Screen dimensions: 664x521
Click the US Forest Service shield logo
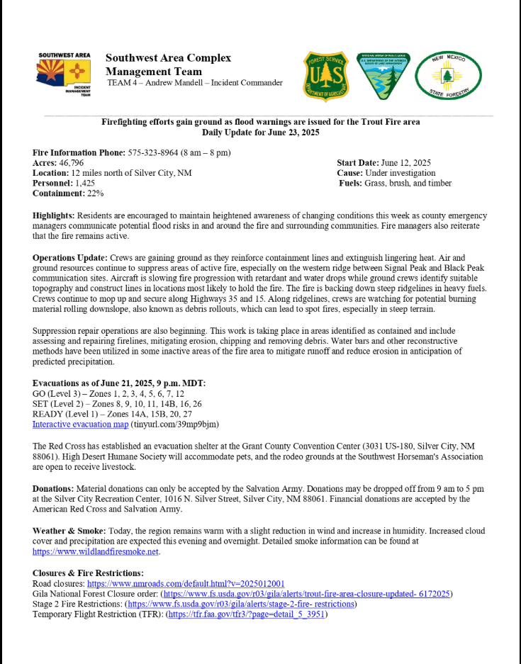point(325,75)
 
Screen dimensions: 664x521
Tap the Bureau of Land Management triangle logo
point(382,75)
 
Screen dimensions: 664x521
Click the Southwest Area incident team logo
point(65,74)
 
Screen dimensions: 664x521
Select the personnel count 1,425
point(90,183)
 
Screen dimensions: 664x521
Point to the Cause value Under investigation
point(400,173)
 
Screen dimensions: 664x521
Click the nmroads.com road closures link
point(186,583)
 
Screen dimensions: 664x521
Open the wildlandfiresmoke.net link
point(96,551)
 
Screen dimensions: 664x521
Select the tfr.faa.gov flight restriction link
point(246,614)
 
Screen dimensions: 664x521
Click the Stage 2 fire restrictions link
point(240,604)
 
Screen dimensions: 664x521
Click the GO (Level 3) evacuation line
point(108,393)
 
